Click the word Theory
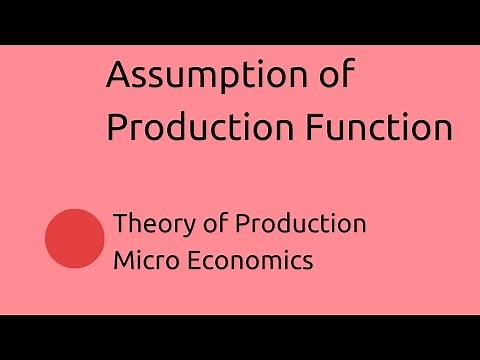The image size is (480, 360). [x=147, y=224]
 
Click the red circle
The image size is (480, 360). [x=76, y=239]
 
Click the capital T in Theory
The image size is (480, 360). [x=120, y=224]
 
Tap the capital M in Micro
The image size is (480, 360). [x=122, y=260]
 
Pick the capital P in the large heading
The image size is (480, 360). [x=116, y=129]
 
